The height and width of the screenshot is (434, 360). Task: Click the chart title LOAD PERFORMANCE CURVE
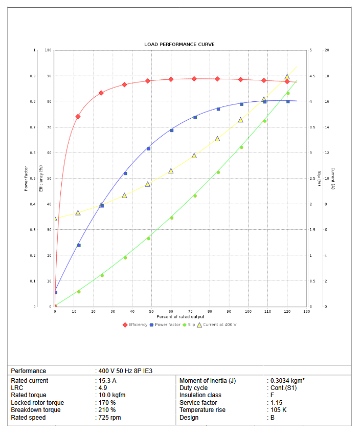[179, 45]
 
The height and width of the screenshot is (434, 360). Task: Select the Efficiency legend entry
[135, 324]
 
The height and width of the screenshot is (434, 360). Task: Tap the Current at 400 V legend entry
[217, 324]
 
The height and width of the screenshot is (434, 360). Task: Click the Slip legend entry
[189, 324]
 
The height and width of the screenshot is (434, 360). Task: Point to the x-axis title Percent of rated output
[181, 317]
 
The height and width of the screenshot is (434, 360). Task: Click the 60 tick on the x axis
[171, 311]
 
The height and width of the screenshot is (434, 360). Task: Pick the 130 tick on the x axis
[306, 311]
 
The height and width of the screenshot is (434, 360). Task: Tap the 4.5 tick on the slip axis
[313, 76]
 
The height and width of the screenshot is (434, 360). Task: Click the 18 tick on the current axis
[327, 76]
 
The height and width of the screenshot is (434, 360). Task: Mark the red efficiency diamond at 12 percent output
[78, 117]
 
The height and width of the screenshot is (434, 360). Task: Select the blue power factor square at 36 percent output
[125, 173]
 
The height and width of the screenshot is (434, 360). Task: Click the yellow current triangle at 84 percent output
[217, 139]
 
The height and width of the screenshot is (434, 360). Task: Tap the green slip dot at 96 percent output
[241, 147]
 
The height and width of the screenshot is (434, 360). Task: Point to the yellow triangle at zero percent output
[55, 219]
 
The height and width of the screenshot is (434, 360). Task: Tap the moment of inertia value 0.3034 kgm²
[288, 381]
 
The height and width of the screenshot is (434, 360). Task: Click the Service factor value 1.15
[276, 403]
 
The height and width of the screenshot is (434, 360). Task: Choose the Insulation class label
[200, 395]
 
